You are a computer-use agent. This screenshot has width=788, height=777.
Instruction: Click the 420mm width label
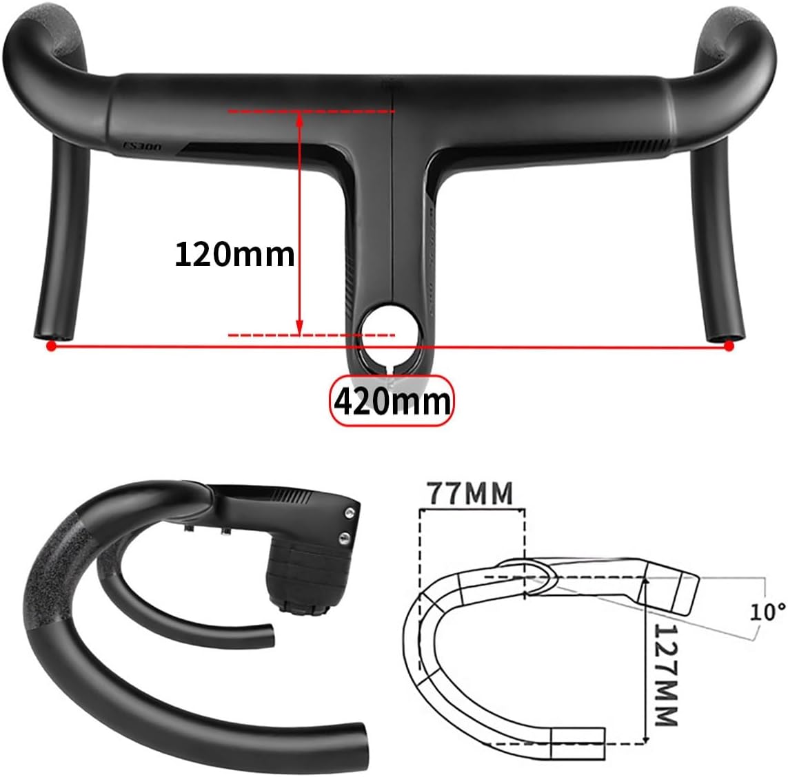point(392,401)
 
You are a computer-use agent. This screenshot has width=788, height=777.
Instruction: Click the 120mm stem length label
point(234,254)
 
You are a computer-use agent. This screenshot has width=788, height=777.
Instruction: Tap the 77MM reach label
point(469,493)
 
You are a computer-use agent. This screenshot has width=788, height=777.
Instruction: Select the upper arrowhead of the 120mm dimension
point(299,118)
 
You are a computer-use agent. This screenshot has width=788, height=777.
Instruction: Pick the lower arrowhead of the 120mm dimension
point(299,329)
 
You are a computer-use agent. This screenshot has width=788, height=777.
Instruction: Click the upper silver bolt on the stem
point(352,512)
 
